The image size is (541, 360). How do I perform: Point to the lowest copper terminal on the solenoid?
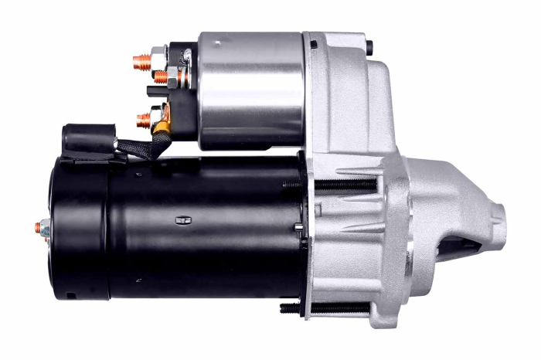pos(143,120)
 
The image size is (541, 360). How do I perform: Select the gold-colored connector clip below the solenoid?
pos(163,118)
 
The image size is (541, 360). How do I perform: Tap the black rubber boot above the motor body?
pos(85,138)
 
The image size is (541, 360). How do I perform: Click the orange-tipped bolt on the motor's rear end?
pos(39,228)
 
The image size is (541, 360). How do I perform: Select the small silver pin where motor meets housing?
pos(299,226)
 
